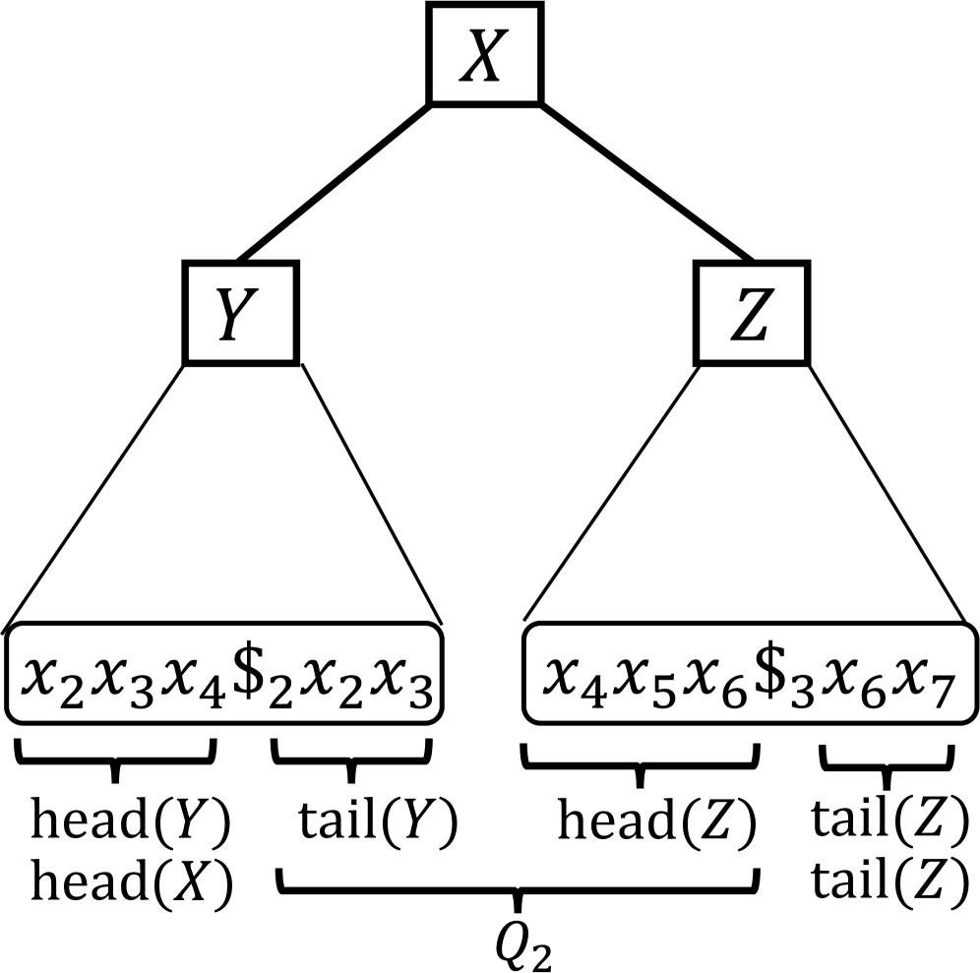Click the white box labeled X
pos(484,54)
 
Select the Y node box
pos(240,313)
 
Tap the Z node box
pos(751,313)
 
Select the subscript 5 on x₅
pos(662,691)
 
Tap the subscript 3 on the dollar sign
pos(800,691)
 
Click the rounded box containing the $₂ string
pos(223,674)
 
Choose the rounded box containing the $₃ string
pos(750,674)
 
